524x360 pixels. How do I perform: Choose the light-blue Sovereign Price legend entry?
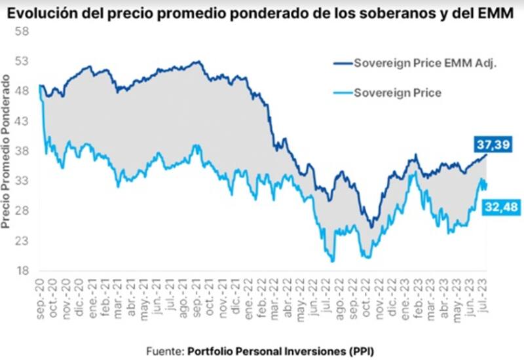[x=397, y=92]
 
